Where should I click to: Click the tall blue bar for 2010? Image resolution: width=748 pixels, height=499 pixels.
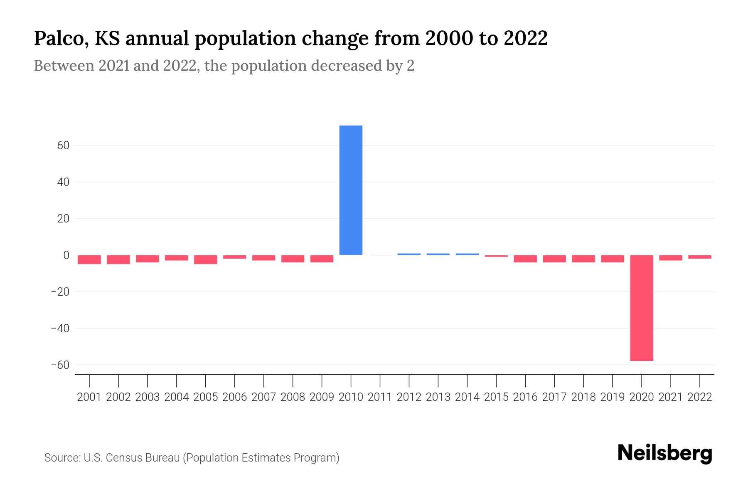click(351, 190)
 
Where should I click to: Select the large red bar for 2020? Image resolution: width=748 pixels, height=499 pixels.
click(641, 308)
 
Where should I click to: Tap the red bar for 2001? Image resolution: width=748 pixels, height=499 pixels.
click(89, 259)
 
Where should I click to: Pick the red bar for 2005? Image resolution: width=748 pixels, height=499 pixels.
click(206, 259)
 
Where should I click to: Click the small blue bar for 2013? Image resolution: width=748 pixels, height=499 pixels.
click(438, 254)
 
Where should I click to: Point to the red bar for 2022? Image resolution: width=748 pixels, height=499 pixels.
click(700, 257)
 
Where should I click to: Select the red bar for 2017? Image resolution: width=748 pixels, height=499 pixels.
click(554, 259)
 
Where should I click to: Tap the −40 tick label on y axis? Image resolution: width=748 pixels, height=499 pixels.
click(60, 329)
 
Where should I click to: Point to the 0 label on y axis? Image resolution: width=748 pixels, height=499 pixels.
click(66, 255)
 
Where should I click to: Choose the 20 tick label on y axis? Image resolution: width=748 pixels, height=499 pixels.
click(63, 219)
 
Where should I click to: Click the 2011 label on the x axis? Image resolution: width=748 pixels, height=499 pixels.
click(380, 397)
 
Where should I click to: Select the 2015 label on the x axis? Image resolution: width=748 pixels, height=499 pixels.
click(496, 397)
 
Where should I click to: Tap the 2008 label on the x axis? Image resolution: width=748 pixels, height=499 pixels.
click(293, 397)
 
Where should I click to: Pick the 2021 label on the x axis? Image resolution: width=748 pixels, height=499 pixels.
click(670, 397)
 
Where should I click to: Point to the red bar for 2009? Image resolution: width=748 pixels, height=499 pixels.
click(322, 259)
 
